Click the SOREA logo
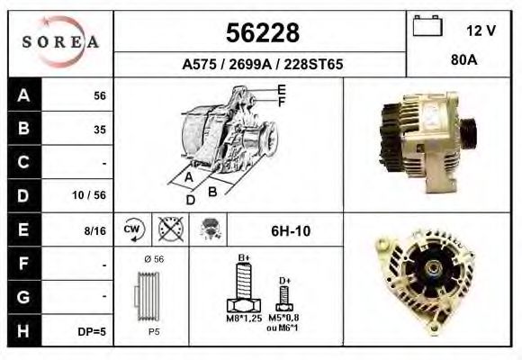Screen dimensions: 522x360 [x=60, y=42]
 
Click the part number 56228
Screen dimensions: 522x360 [x=263, y=33]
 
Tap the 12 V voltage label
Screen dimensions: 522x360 [x=481, y=31]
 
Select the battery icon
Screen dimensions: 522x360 [x=427, y=25]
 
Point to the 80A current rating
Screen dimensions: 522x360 [x=464, y=60]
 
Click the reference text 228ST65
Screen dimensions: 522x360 [x=313, y=64]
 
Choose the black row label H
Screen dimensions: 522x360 [x=23, y=330]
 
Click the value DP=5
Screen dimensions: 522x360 [x=92, y=332]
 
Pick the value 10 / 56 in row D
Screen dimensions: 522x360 [x=89, y=195]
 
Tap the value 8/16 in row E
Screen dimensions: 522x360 [x=94, y=230]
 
